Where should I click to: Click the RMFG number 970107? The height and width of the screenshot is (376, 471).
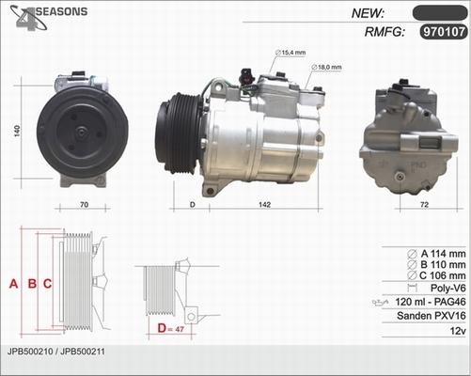tap(444, 32)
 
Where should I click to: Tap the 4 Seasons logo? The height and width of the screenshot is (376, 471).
tap(48, 17)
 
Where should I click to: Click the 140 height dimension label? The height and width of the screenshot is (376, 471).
tap(17, 131)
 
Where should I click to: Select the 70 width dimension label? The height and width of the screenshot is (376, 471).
tap(84, 205)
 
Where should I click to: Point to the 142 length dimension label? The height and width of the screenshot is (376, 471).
tap(264, 205)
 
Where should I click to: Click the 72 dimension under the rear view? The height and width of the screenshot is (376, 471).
tap(424, 205)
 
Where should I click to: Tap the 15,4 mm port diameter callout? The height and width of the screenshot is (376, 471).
tap(290, 53)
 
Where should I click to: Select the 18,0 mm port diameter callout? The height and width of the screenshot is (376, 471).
tap(326, 67)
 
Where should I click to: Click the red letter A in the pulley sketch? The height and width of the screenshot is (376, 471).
tap(13, 284)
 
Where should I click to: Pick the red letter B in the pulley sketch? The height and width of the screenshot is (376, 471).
tap(32, 284)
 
